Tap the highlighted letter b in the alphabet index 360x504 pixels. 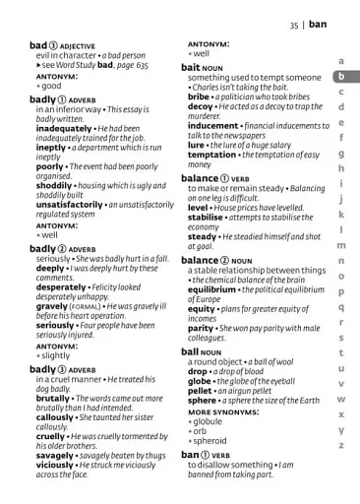340,76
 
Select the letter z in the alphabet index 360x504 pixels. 340,446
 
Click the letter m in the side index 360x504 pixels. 340,245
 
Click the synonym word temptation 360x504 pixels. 212,156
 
